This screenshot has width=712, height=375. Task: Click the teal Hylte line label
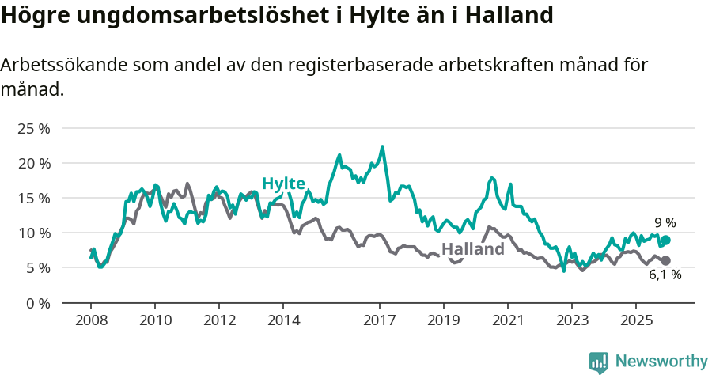pyautogui.click(x=283, y=184)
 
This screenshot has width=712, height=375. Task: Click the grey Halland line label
pyautogui.click(x=472, y=249)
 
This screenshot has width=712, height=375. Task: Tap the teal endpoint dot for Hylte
pyautogui.click(x=665, y=241)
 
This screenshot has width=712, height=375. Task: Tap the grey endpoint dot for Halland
pyautogui.click(x=665, y=260)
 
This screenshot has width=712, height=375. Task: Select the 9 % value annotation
pyautogui.click(x=665, y=223)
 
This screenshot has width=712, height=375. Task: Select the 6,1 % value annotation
pyautogui.click(x=665, y=275)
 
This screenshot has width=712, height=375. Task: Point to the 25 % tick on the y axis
pyautogui.click(x=34, y=128)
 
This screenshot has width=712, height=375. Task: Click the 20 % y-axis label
pyautogui.click(x=34, y=163)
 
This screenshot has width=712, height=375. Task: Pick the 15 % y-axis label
pyautogui.click(x=34, y=198)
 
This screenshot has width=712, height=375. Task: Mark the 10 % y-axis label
pyautogui.click(x=34, y=233)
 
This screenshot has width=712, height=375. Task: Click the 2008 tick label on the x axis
pyautogui.click(x=91, y=320)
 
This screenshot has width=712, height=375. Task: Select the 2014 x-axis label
pyautogui.click(x=283, y=320)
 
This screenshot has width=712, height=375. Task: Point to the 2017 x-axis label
pyautogui.click(x=379, y=320)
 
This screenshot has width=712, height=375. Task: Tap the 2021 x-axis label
pyautogui.click(x=507, y=320)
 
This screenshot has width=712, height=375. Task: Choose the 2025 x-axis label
pyautogui.click(x=635, y=320)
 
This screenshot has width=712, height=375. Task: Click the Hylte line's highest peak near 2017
pyautogui.click(x=382, y=146)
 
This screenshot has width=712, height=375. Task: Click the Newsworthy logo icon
pyautogui.click(x=599, y=362)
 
